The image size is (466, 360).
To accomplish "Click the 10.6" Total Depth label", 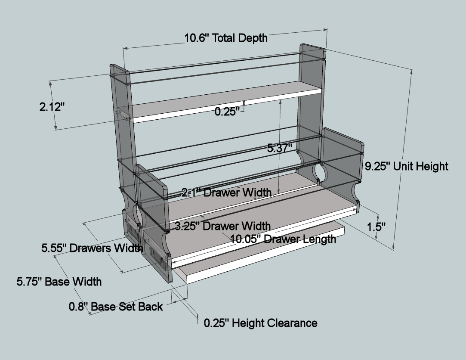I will pyautogui.click(x=226, y=38).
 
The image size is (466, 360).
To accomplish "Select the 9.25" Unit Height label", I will pyautogui.click(x=407, y=166).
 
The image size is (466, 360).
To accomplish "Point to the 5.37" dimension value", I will pyautogui.click(x=280, y=149).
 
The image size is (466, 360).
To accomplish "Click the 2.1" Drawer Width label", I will pyautogui.click(x=226, y=192).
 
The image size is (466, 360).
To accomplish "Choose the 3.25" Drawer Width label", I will pyautogui.click(x=222, y=226).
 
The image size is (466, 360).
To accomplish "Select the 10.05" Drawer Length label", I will pyautogui.click(x=283, y=239).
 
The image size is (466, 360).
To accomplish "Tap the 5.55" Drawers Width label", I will pyautogui.click(x=92, y=248).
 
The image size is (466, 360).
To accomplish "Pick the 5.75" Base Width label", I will pyautogui.click(x=59, y=282).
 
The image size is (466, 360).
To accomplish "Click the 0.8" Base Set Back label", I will pyautogui.click(x=116, y=307).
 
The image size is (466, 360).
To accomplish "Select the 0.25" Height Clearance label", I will pyautogui.click(x=260, y=323).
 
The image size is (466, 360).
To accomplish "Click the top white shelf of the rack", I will pyautogui.click(x=224, y=103).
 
